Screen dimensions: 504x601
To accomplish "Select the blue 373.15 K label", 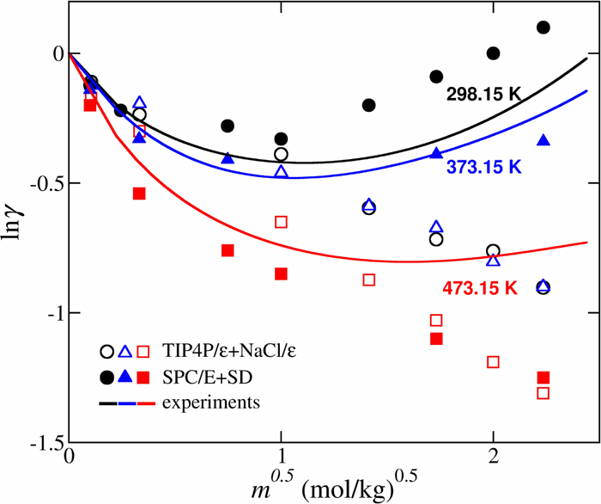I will tap(484, 169).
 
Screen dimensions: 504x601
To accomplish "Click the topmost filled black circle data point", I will tap(543, 28).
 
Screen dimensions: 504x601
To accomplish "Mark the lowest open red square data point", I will tap(543, 393).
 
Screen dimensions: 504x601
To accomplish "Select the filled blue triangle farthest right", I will tap(543, 140).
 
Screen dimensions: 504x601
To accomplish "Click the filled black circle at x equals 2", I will tap(493, 53).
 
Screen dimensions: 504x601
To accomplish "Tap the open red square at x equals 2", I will tap(493, 362).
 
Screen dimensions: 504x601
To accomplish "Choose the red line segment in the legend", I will tap(144, 401).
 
